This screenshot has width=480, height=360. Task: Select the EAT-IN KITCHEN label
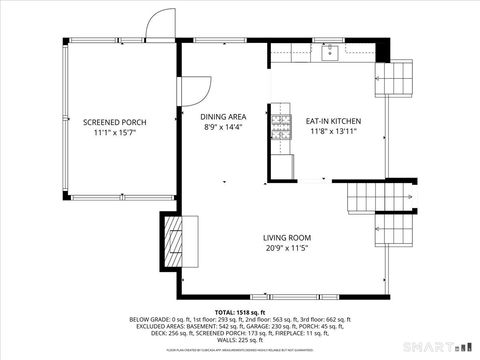pos(333,122)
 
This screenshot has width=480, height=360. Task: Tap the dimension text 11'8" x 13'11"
pos(333,132)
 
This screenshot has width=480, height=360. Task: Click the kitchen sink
pos(329,54)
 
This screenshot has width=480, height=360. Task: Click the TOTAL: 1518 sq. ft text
pos(239,312)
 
